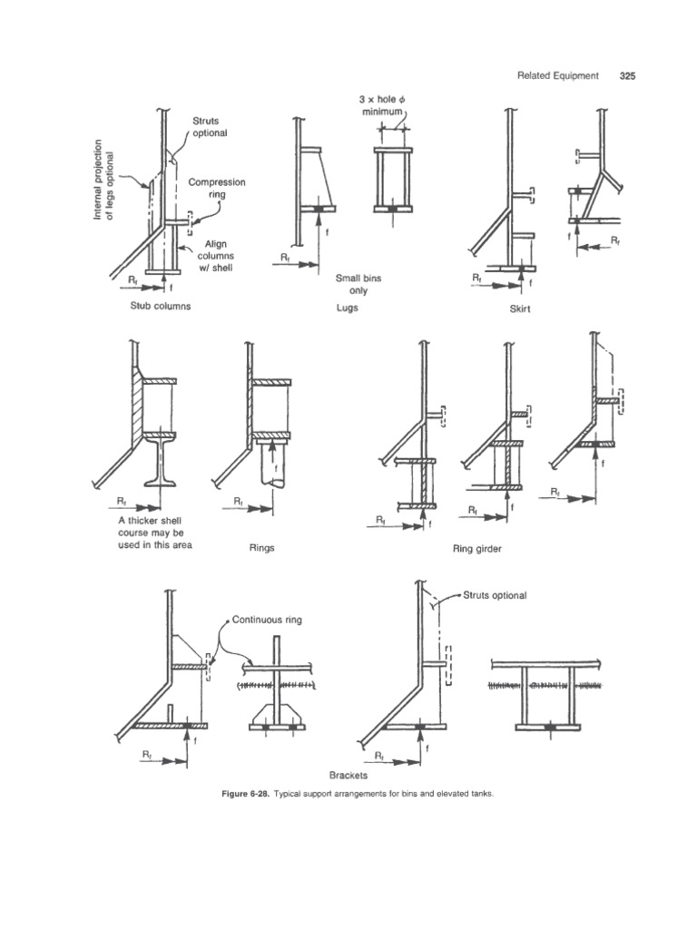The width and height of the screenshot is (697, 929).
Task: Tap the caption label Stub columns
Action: pyautogui.click(x=160, y=307)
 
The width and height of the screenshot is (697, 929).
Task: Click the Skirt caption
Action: pyautogui.click(x=519, y=308)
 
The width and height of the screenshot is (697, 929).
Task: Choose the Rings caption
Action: pyautogui.click(x=261, y=548)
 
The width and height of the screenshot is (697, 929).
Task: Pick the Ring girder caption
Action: pyautogui.click(x=476, y=548)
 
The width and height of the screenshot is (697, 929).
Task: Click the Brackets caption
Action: pyautogui.click(x=354, y=777)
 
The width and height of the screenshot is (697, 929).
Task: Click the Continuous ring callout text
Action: pyautogui.click(x=266, y=620)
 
